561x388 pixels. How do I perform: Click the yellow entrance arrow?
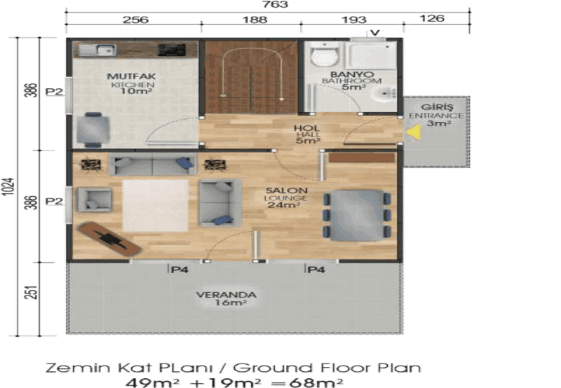[x=414, y=132]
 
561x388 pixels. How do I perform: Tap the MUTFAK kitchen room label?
[x=131, y=76]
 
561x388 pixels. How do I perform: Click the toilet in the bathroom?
[x=325, y=55]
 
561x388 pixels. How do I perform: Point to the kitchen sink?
[x=97, y=50]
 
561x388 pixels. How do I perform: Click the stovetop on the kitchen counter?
[x=172, y=50]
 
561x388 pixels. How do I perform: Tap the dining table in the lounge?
[x=356, y=216]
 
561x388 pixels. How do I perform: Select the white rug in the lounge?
[x=155, y=206]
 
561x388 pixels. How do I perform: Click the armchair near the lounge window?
[x=95, y=200]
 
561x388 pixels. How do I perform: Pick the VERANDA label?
[x=226, y=295]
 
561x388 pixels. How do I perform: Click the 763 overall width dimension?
[x=275, y=5]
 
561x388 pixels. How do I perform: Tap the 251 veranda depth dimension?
[x=32, y=292]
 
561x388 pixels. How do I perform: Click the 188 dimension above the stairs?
[x=255, y=20]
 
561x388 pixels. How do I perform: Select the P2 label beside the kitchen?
[x=55, y=92]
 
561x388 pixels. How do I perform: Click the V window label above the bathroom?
[x=374, y=33]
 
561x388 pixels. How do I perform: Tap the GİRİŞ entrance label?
[x=437, y=107]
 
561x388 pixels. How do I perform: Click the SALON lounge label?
[x=286, y=190]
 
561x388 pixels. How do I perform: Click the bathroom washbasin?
[x=384, y=95]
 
